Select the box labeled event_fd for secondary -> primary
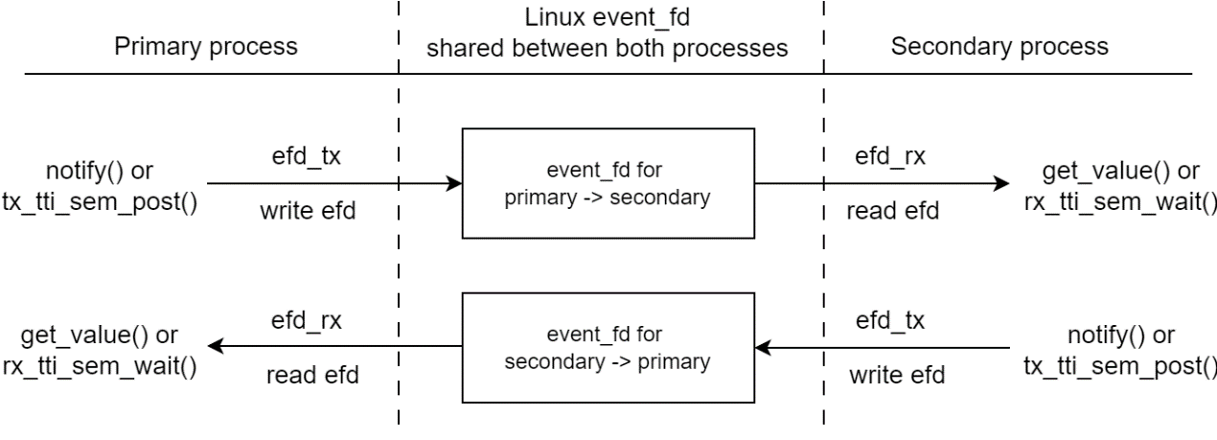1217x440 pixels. (609, 346)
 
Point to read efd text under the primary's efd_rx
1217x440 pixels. (312, 375)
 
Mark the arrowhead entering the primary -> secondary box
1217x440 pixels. (454, 182)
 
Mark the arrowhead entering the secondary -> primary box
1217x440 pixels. (764, 346)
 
